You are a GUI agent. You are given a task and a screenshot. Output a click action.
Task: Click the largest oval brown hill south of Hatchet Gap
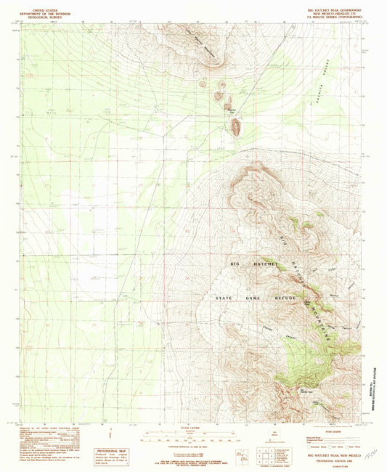click(235, 128)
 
